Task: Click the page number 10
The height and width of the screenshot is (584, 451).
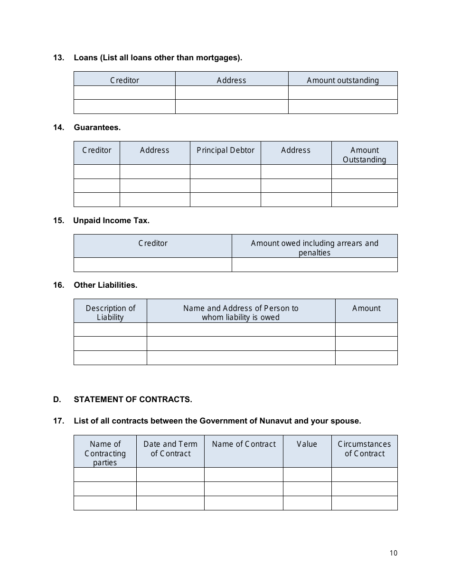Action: tap(393, 553)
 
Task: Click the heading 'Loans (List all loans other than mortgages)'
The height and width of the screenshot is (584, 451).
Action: tap(158, 58)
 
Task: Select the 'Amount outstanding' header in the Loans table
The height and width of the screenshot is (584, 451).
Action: tap(343, 80)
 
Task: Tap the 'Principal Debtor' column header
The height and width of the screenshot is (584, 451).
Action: tap(225, 150)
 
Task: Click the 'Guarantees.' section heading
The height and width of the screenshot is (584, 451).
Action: tap(97, 127)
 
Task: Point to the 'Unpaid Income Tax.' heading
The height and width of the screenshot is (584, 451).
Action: tap(111, 220)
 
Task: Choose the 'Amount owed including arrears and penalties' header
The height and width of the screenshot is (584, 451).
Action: tap(314, 248)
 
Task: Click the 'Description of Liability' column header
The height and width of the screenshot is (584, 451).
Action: tap(110, 312)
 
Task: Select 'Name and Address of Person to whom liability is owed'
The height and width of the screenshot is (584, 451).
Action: tap(241, 312)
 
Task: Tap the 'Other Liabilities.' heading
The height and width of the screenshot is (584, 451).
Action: tap(105, 285)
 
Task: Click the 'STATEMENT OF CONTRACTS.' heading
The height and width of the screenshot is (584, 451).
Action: tap(133, 399)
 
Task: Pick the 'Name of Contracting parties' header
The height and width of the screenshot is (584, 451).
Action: tap(105, 453)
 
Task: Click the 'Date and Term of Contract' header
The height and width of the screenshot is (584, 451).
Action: tap(170, 449)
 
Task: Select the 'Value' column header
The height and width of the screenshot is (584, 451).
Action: tap(307, 444)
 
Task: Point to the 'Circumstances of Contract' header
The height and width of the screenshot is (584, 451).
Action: tap(364, 449)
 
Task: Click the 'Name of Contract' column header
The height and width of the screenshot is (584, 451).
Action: tap(244, 444)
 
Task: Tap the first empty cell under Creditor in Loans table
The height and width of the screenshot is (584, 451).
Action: tap(124, 93)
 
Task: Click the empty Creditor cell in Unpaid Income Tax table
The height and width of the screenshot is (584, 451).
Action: tap(152, 264)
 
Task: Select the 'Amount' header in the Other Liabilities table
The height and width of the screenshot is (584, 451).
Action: tap(366, 308)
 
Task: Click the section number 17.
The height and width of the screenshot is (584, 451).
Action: tap(58, 421)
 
